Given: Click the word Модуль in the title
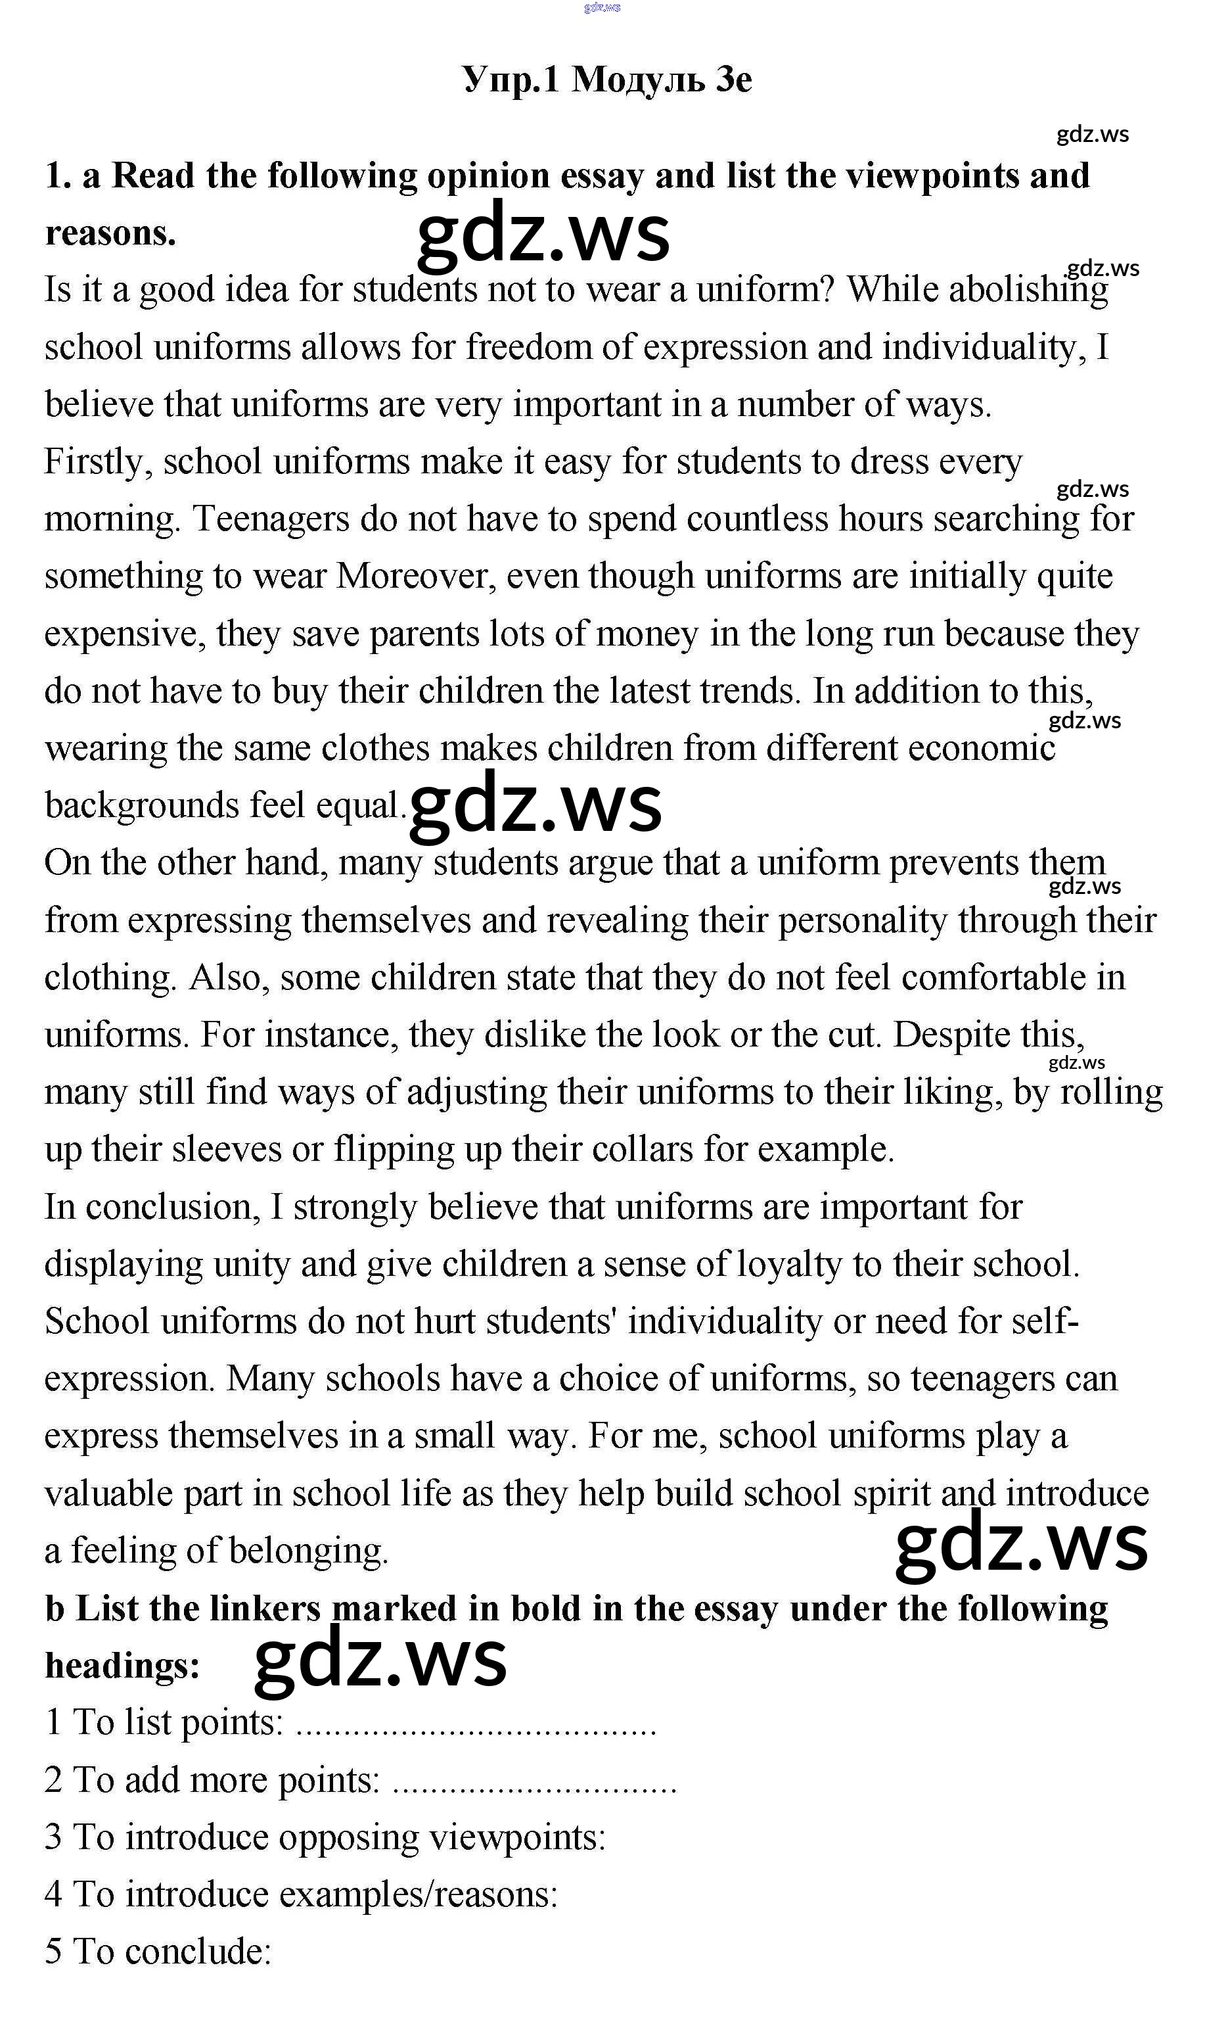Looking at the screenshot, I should (x=638, y=80).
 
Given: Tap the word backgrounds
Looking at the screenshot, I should (x=141, y=805).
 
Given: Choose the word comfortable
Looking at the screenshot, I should (x=993, y=977).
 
